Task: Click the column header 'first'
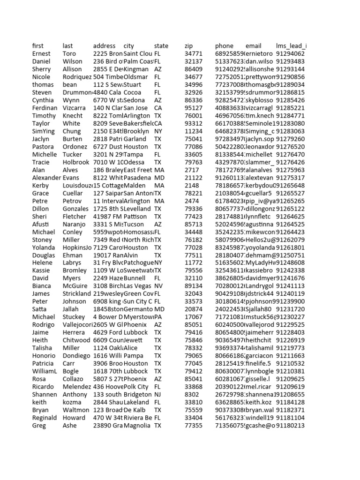click(x=37, y=46)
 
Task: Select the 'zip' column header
click(x=188, y=46)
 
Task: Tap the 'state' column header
click(x=161, y=46)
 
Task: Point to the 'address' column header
click(x=104, y=46)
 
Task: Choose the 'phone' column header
click(x=224, y=46)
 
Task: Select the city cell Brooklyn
click(x=136, y=131)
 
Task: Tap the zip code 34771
click(x=194, y=54)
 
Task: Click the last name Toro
click(x=69, y=54)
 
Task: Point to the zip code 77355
click(x=194, y=425)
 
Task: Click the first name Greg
click(x=39, y=425)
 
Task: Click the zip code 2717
click(x=192, y=170)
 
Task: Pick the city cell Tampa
click(x=133, y=155)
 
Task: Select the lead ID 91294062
click(x=290, y=54)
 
